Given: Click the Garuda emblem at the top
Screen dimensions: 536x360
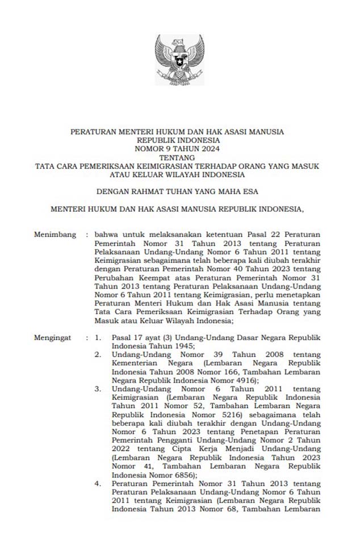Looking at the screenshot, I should tap(179, 59).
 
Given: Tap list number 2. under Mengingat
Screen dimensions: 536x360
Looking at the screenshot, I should tap(98, 354).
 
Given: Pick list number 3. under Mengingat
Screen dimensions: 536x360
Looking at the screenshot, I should tap(98, 389).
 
